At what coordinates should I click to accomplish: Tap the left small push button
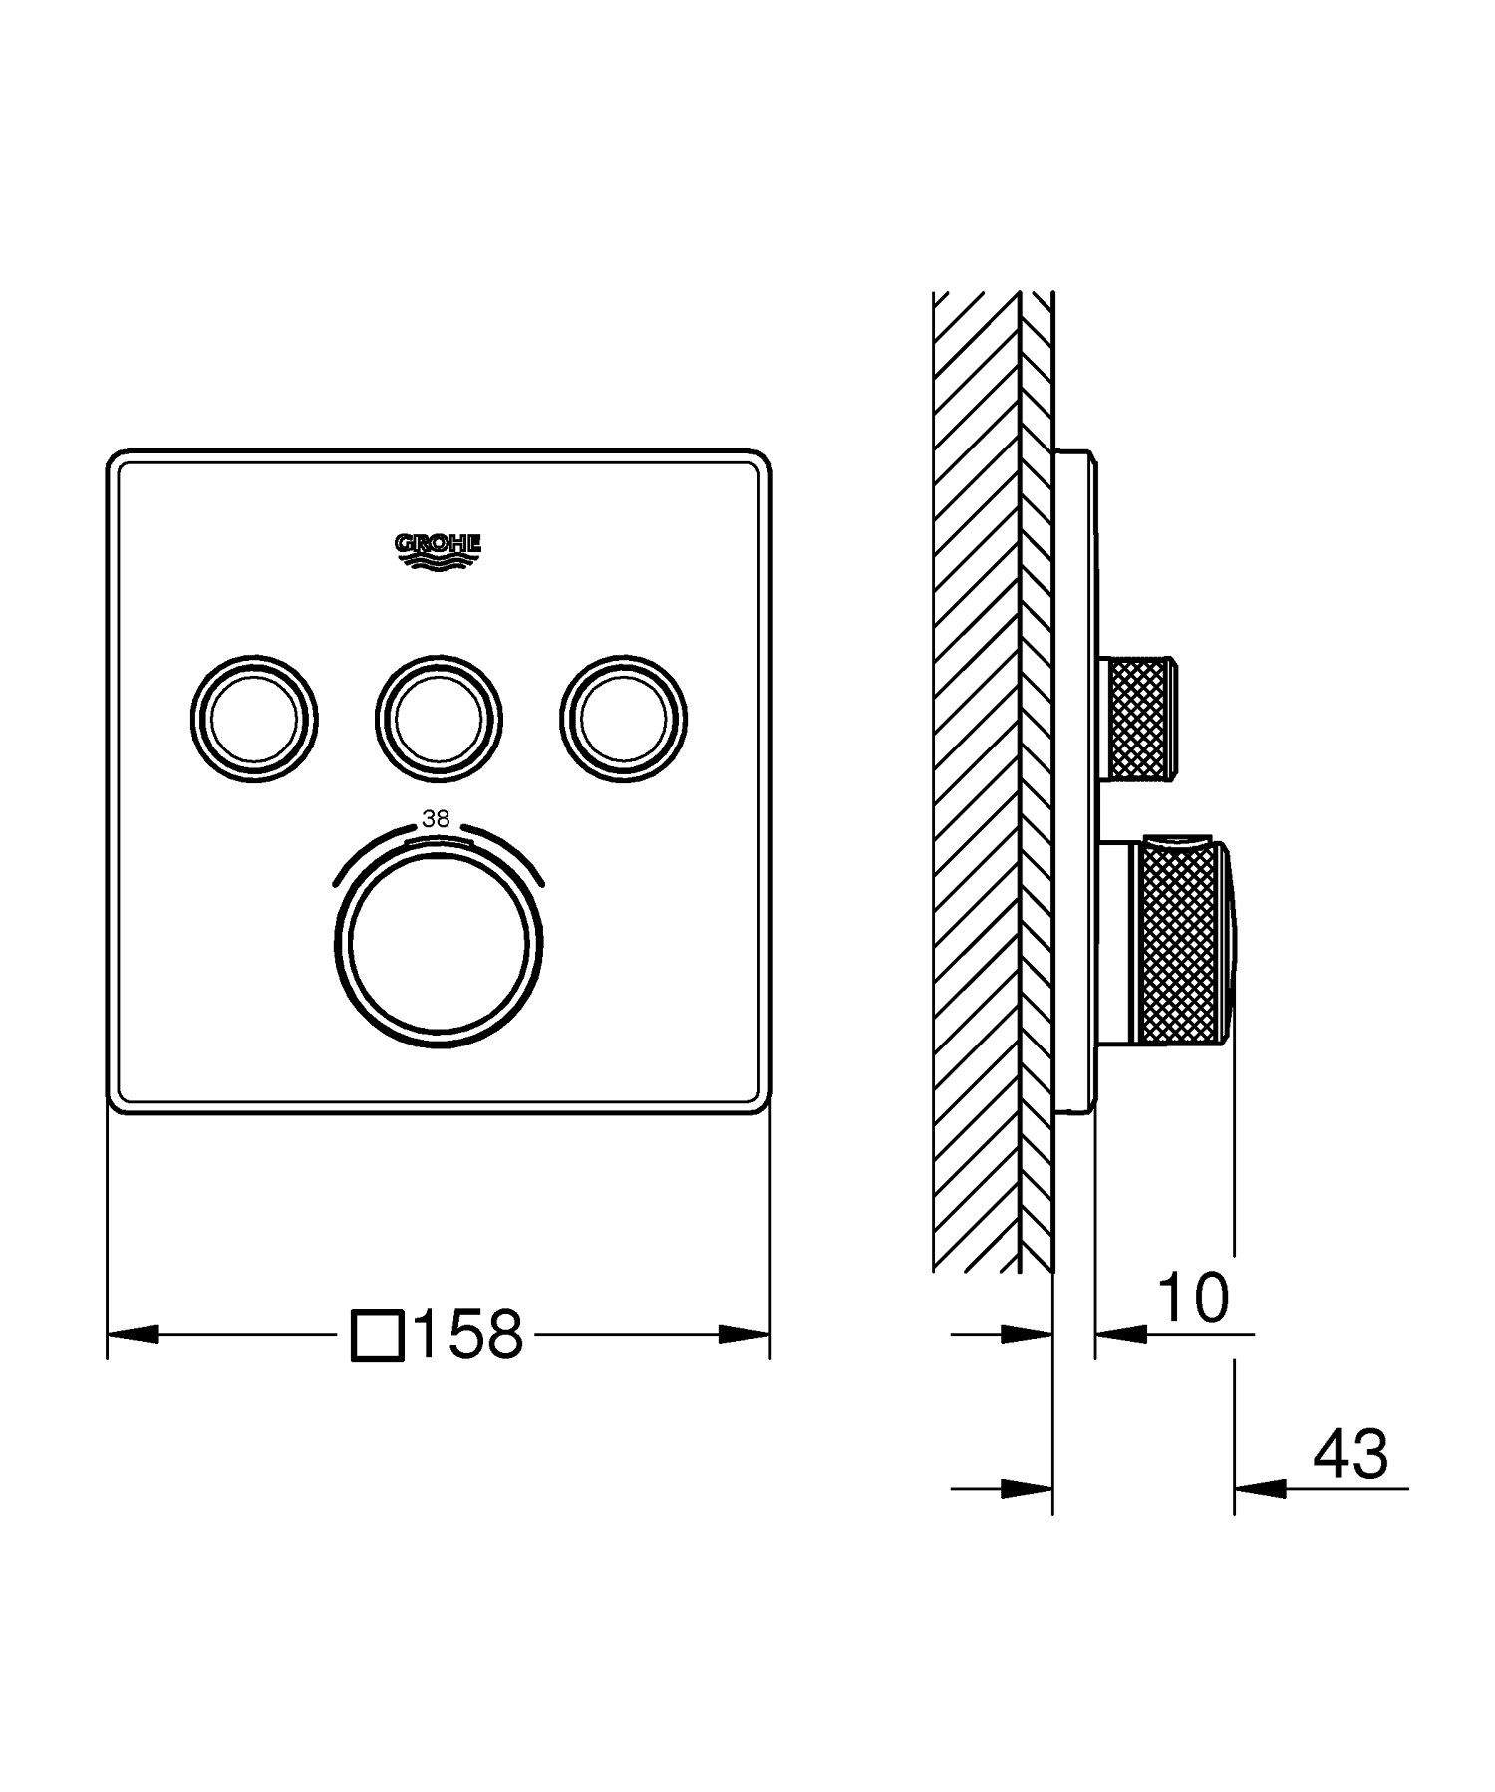click(253, 718)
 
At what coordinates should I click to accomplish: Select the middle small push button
click(439, 718)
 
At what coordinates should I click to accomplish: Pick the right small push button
click(623, 718)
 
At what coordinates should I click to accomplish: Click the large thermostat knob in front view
click(438, 940)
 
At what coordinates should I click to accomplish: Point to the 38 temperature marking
click(436, 819)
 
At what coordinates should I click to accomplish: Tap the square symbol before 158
click(378, 1335)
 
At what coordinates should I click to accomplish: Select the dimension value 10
click(1193, 1297)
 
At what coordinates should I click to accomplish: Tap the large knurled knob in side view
click(1180, 942)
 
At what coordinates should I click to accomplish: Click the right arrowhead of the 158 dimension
click(745, 1334)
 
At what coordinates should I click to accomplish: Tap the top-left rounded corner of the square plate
click(118, 460)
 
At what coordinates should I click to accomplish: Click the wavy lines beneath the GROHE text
click(439, 563)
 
